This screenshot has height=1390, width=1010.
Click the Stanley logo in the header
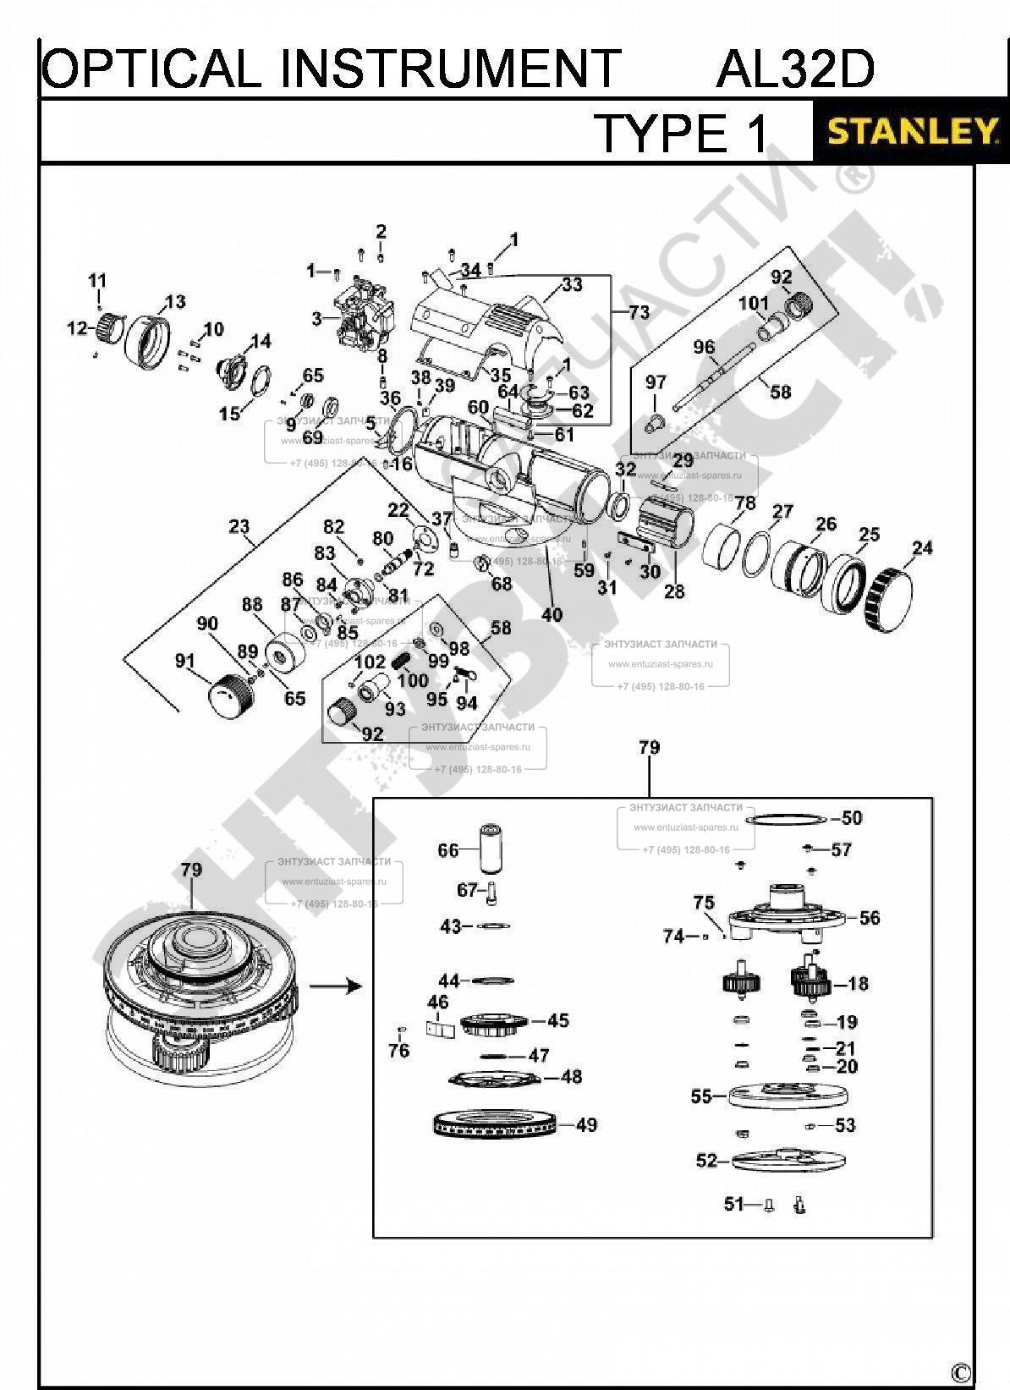(910, 132)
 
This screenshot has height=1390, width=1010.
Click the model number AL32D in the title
(794, 69)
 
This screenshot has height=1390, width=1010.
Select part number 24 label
(921, 548)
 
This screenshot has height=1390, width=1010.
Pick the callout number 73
(639, 312)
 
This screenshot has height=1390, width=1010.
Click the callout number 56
(869, 918)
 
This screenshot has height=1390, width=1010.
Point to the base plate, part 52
(790, 1161)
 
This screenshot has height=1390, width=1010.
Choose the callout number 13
(174, 302)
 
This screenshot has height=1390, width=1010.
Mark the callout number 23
(239, 527)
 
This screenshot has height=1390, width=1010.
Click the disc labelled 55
(787, 1096)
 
